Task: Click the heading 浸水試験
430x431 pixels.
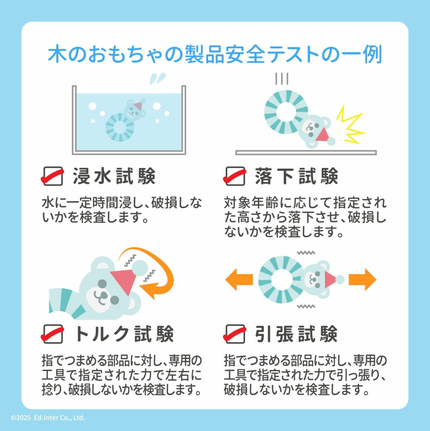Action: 114,176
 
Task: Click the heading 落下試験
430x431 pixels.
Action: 296,176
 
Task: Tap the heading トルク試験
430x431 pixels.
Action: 124,334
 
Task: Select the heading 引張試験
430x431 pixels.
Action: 296,334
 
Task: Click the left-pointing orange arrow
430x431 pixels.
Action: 239,280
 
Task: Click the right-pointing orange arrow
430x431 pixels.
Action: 362,280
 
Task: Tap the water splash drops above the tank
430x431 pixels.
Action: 158,78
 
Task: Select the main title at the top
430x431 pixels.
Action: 215,54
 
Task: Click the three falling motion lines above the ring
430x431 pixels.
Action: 282,78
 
